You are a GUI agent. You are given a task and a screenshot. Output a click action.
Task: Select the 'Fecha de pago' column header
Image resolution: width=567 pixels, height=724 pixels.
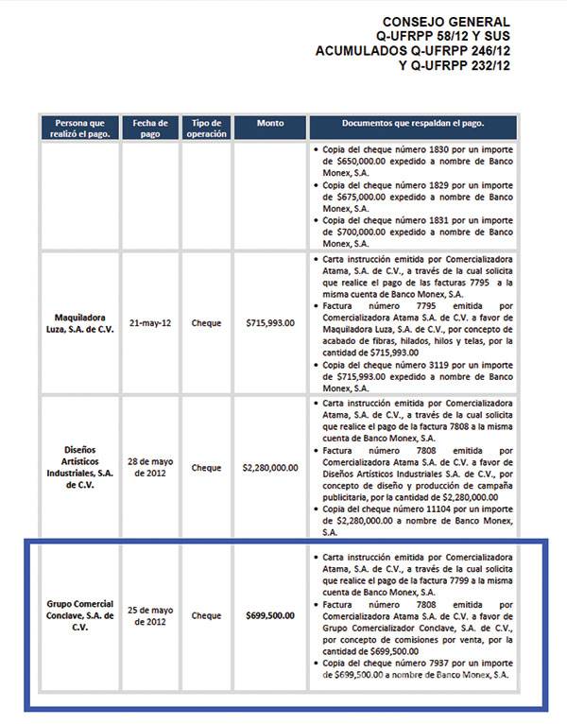point(150,129)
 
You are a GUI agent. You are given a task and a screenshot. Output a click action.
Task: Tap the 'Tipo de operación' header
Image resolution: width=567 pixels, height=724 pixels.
point(206,129)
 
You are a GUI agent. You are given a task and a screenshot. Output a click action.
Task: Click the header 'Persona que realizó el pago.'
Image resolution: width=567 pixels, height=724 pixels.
point(80,129)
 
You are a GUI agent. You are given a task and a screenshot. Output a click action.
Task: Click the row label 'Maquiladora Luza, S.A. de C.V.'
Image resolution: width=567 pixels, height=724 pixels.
point(80,322)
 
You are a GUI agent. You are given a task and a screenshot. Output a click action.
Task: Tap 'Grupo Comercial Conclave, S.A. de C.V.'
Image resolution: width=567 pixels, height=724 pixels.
point(80,615)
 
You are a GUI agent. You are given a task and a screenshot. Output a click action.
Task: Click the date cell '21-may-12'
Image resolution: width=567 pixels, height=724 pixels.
point(150,322)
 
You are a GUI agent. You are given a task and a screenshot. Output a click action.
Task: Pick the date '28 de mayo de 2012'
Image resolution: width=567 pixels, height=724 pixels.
point(150,467)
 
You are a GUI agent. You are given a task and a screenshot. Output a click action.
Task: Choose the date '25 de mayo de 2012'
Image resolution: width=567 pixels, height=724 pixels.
point(150,615)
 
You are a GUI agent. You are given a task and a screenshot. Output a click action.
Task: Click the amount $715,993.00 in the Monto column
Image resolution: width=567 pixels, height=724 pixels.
point(269,322)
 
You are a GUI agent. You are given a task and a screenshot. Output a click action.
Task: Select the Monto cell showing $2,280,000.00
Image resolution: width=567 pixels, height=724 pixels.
point(269,467)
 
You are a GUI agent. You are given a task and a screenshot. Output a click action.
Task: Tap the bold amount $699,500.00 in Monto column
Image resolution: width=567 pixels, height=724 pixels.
point(269,615)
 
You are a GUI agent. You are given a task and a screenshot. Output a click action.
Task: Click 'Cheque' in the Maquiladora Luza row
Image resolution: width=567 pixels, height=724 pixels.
point(206,322)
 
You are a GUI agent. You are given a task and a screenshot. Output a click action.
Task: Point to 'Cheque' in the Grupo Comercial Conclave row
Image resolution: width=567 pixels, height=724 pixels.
point(206,615)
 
